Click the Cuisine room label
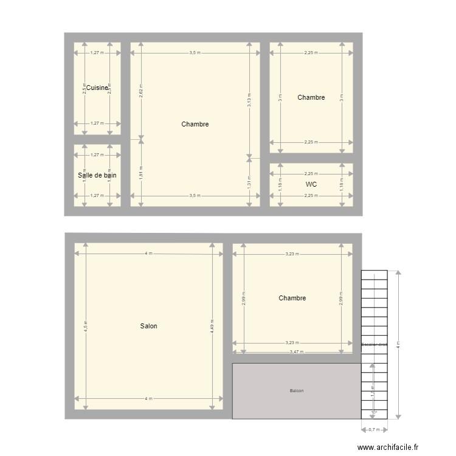[x=97, y=88]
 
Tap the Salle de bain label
[x=97, y=175]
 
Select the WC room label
[x=311, y=184]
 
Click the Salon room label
[x=148, y=326]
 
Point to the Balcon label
[x=297, y=390]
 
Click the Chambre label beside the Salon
[x=292, y=298]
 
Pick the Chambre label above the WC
[x=311, y=97]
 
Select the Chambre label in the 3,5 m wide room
[x=195, y=124]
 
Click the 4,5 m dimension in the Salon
[x=86, y=326]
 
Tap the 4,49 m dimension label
[x=212, y=326]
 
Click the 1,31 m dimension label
[x=249, y=182]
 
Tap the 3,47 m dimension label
[x=296, y=352]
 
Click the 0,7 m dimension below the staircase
[x=375, y=430]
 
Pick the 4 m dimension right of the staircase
[x=398, y=345]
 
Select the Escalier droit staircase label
[x=374, y=345]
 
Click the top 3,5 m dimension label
[x=195, y=53]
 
